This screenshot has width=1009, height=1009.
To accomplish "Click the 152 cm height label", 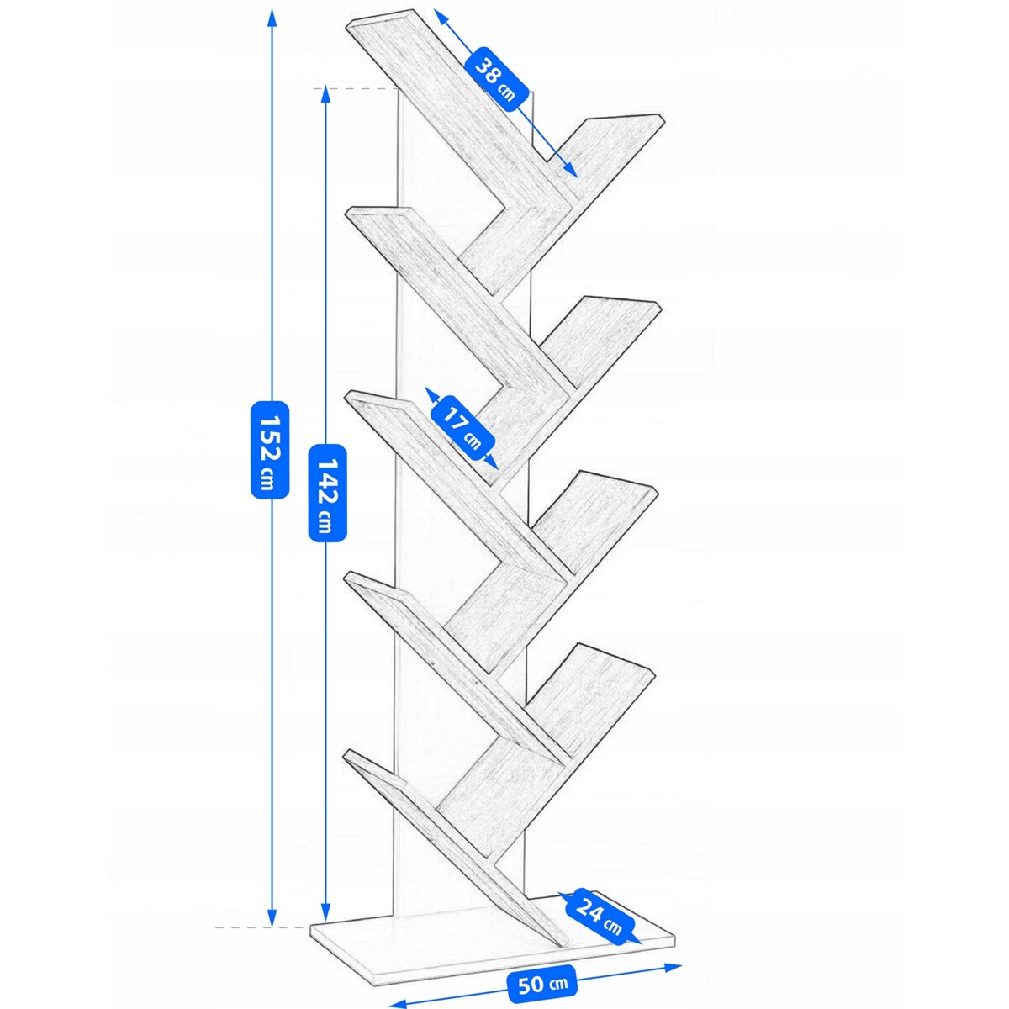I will click(x=270, y=450).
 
